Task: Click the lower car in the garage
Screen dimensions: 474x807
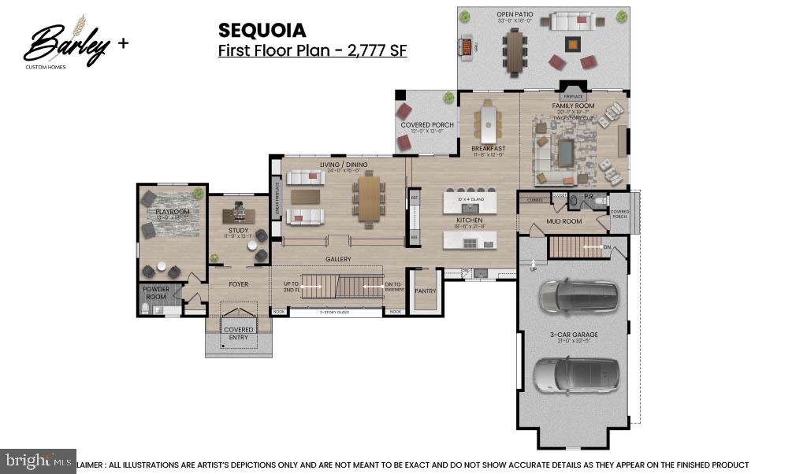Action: tap(575, 375)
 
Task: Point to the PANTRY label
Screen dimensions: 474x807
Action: tap(426, 291)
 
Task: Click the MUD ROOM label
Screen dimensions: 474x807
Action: tap(563, 221)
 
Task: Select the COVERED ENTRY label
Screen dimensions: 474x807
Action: tap(238, 333)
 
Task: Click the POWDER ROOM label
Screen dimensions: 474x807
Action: tap(156, 293)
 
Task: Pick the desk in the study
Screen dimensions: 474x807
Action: tap(239, 213)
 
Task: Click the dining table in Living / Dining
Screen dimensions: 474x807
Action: tap(369, 197)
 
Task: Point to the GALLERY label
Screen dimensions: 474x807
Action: tap(338, 259)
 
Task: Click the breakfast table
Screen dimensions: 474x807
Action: tap(489, 124)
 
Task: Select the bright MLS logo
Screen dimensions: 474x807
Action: tap(38, 461)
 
